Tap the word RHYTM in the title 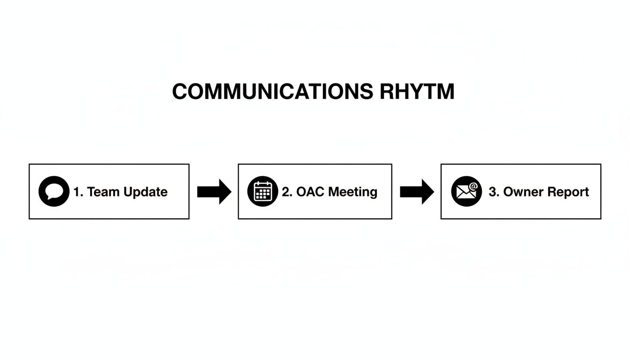(417, 91)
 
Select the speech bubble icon (54, 191)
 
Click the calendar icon (262, 191)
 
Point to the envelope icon (466, 191)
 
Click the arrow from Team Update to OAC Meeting (214, 191)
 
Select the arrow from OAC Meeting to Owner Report (417, 191)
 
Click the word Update (146, 192)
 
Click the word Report (568, 192)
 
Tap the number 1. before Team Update (78, 192)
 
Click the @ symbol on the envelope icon (473, 187)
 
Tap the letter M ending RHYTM (444, 91)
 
